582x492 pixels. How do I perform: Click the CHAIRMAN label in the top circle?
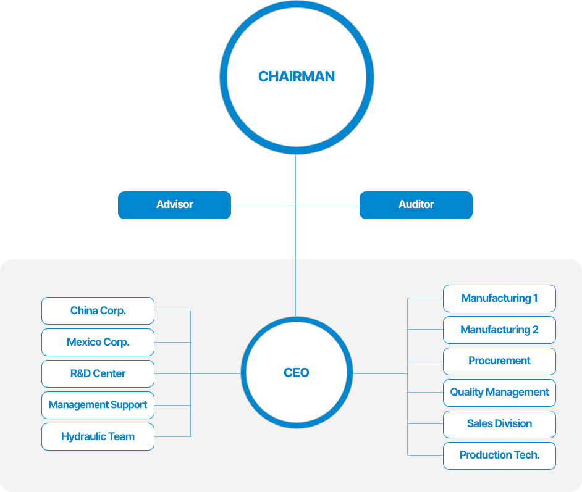pyautogui.click(x=296, y=77)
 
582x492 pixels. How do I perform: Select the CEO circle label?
pyautogui.click(x=296, y=373)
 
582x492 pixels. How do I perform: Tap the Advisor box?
pyautogui.click(x=174, y=205)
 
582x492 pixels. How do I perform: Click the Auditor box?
pyautogui.click(x=416, y=205)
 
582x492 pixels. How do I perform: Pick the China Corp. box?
pyautogui.click(x=98, y=311)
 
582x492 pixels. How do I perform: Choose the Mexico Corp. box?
pyautogui.click(x=98, y=342)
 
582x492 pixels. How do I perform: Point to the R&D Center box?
pyautogui.click(x=98, y=373)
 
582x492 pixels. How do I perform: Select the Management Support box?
pyautogui.click(x=98, y=405)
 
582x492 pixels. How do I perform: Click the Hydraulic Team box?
pyautogui.click(x=98, y=437)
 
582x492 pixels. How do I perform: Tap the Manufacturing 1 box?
pyautogui.click(x=499, y=298)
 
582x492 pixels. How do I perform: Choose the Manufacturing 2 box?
pyautogui.click(x=499, y=330)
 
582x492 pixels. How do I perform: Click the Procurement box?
pyautogui.click(x=499, y=362)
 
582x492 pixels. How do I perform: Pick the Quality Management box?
pyautogui.click(x=499, y=393)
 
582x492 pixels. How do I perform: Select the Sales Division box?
pyautogui.click(x=499, y=425)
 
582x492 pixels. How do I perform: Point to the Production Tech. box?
pyautogui.click(x=499, y=456)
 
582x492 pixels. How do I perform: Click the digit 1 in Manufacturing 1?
pyautogui.click(x=535, y=298)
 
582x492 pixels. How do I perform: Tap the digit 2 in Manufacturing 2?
pyautogui.click(x=535, y=330)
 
